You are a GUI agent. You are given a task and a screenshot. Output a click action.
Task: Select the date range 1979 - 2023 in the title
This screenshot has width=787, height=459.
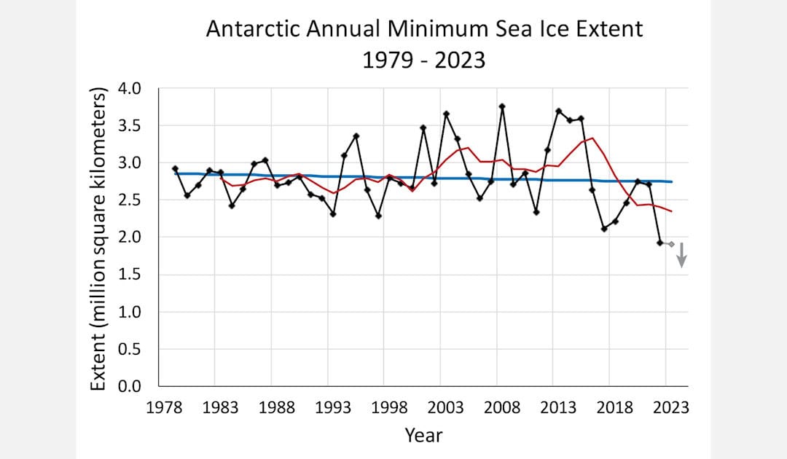point(423,59)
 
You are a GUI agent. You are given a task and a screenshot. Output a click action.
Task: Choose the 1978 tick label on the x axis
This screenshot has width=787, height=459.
point(164,407)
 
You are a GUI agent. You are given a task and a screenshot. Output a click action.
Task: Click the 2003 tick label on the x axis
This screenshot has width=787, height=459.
point(446,407)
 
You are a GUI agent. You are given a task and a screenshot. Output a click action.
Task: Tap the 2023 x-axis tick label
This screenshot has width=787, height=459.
point(671,407)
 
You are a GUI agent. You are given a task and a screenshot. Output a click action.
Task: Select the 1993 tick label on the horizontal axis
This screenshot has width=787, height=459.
point(333,407)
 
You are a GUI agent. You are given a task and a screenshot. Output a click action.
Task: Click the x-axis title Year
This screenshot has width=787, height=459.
point(423,436)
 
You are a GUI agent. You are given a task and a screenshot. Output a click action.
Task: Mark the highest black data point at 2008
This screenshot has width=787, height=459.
point(502,106)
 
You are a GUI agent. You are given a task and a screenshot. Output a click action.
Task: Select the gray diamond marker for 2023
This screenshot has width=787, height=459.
point(671,244)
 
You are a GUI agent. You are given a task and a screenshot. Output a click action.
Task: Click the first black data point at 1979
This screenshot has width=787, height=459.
point(175,168)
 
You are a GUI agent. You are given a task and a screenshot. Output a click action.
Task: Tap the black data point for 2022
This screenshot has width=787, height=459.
point(659,243)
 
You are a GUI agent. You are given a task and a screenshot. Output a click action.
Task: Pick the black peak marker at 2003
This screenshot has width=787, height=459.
point(446,114)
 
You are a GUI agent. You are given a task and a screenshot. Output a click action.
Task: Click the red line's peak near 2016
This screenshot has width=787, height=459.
point(592,138)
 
